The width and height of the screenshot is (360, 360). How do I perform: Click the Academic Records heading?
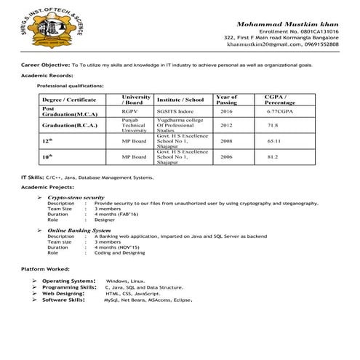pos(47,76)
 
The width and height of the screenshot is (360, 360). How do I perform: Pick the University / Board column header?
pos(136,99)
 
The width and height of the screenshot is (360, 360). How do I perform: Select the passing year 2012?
pos(226,125)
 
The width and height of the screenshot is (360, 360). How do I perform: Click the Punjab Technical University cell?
pos(135,125)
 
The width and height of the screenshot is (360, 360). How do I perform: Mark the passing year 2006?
pos(226,156)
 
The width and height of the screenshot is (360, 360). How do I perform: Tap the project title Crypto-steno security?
pos(76,197)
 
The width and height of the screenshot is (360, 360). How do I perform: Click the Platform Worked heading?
pos(45,270)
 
